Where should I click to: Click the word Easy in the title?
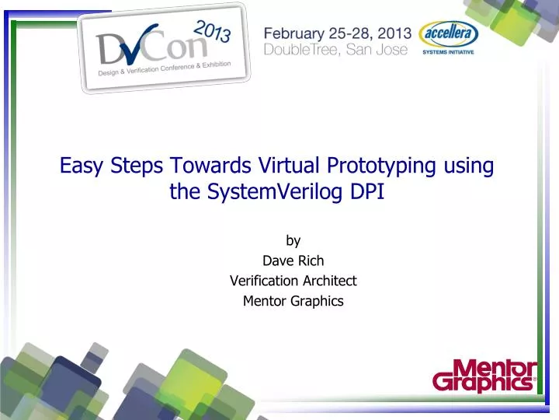click(x=80, y=166)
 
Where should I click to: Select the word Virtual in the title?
click(x=292, y=166)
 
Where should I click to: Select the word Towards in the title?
click(x=210, y=166)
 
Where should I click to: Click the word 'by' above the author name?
click(x=293, y=241)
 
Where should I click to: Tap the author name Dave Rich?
click(x=293, y=261)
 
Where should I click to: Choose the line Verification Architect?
click(x=293, y=281)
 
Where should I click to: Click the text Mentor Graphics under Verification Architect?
click(x=293, y=301)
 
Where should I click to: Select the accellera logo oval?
click(x=448, y=34)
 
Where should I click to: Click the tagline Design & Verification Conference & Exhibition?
click(x=164, y=69)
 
